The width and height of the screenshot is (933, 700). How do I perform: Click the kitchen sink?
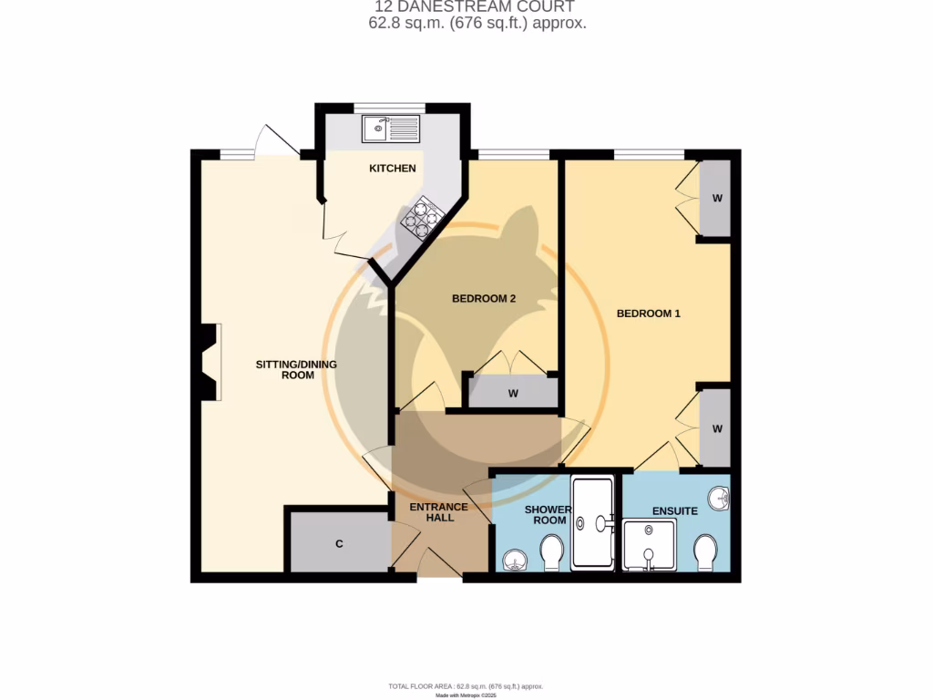tap(390, 129)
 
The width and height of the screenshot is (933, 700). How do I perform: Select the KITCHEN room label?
tap(392, 169)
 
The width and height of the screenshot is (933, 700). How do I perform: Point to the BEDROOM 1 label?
tap(649, 314)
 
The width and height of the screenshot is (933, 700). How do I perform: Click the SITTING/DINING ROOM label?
tap(296, 369)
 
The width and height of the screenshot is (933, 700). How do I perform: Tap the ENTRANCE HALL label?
tap(438, 513)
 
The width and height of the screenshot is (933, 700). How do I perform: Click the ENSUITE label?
tap(675, 511)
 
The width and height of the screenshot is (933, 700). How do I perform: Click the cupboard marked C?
tap(339, 544)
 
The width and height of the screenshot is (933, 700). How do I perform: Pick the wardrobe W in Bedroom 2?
tap(513, 394)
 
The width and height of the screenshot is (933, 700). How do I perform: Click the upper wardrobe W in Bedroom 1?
tap(717, 199)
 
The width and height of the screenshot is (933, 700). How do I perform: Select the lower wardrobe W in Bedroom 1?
tap(717, 428)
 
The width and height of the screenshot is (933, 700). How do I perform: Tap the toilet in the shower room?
tap(551, 552)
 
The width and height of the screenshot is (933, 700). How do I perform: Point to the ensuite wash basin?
tap(720, 499)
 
